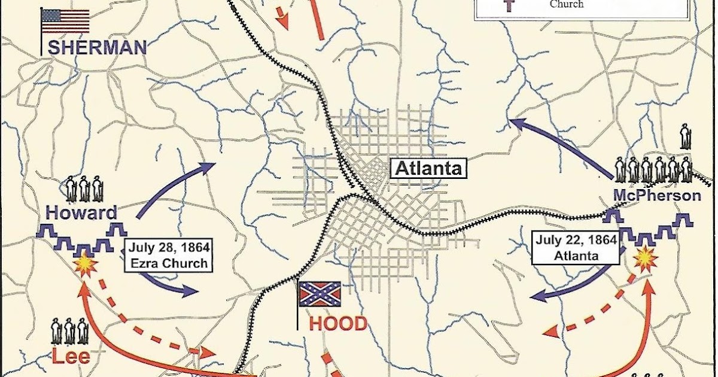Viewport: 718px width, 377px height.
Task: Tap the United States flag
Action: click(x=65, y=21)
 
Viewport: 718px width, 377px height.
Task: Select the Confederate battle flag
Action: click(x=320, y=294)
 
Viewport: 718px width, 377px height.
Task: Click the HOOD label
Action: click(x=337, y=324)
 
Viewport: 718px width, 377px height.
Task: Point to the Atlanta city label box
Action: click(x=428, y=168)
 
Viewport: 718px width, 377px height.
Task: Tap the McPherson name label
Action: click(x=656, y=195)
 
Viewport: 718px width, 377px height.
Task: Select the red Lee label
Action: click(x=71, y=357)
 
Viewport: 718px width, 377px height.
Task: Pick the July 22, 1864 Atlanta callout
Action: click(x=577, y=248)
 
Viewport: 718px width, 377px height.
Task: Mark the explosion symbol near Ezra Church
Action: click(x=85, y=264)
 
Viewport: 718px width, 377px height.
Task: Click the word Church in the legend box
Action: click(x=566, y=5)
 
